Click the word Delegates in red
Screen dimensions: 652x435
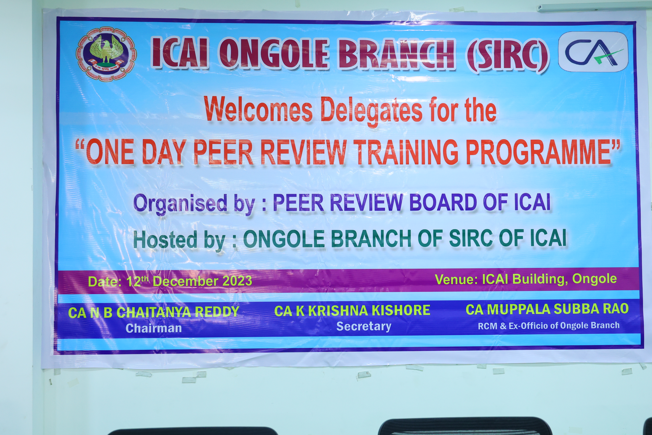[x=372, y=111]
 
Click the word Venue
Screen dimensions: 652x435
[x=456, y=279]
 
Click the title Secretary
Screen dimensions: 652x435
[x=364, y=326]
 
